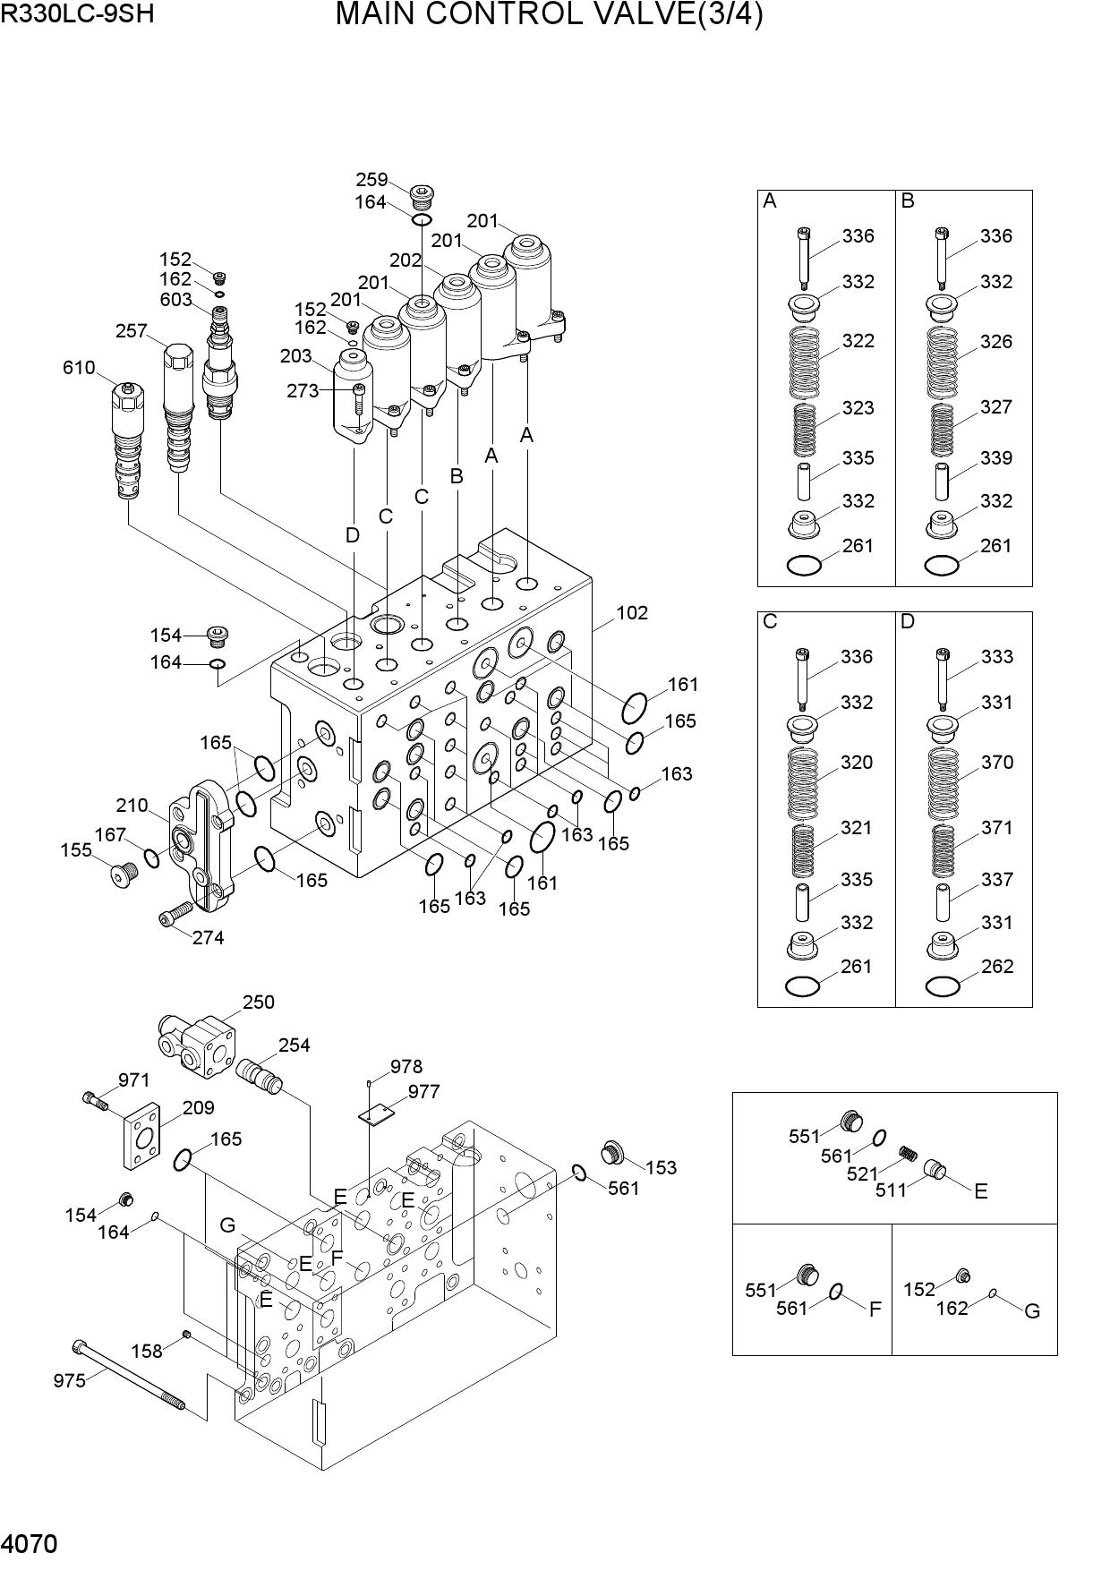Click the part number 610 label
79,368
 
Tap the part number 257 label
132,331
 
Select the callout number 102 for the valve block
632,613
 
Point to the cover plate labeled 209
141,1135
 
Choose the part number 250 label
258,1003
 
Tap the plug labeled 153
613,1153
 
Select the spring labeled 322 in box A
805,363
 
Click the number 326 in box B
996,342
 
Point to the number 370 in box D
997,763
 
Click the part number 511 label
892,1190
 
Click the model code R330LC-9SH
78,15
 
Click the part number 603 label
175,300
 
